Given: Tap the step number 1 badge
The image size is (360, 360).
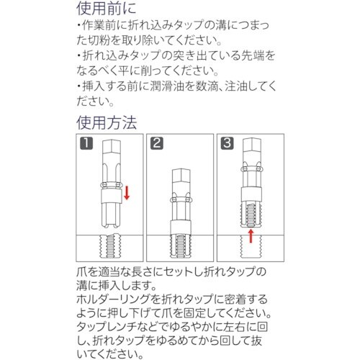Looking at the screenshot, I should click(x=86, y=143).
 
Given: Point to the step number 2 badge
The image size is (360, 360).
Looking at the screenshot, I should click(x=156, y=143).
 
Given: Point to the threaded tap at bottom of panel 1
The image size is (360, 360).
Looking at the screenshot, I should click(x=109, y=246).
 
